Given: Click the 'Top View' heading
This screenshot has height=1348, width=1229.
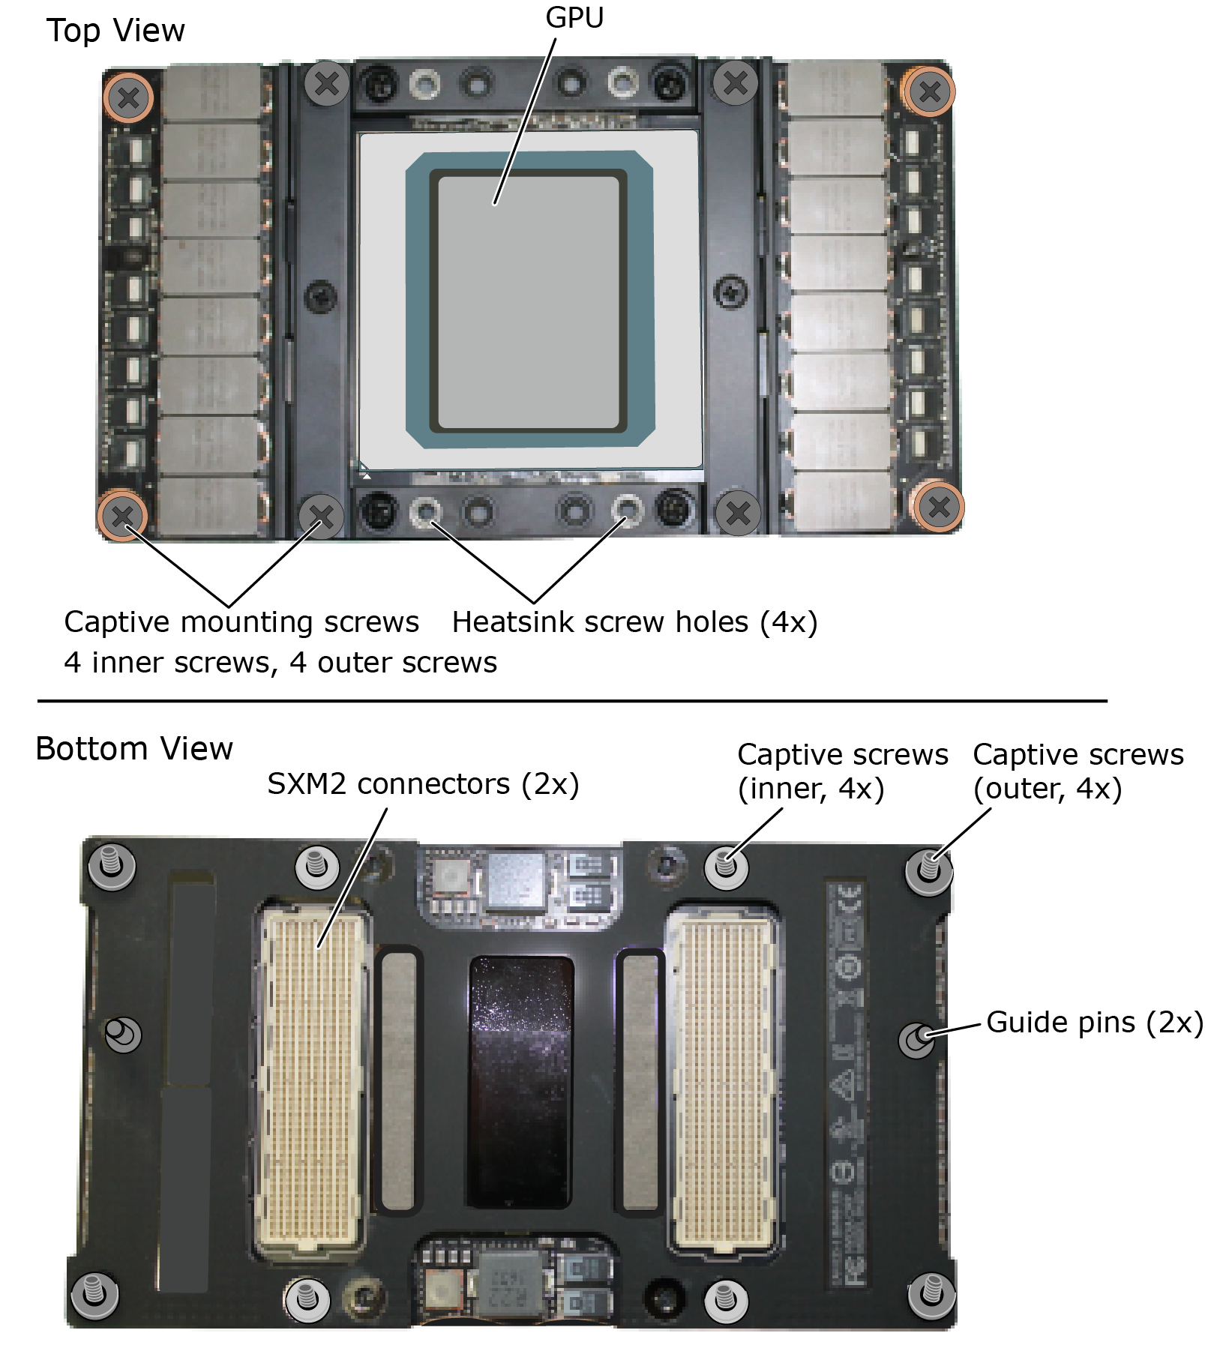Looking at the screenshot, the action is coord(115,31).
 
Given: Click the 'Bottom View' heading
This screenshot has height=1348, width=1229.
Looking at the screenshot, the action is coord(134,749).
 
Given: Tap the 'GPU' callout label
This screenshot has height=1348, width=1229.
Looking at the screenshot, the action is coord(574,17).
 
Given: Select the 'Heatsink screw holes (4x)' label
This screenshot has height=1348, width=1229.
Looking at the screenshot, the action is coord(634,622).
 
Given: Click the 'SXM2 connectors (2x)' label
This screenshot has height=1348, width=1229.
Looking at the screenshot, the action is coord(423,784).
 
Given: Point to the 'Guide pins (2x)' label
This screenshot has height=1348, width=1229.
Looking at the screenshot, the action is coord(1095,1023).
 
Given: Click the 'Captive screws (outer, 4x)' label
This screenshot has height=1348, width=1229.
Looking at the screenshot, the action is coord(1078,771).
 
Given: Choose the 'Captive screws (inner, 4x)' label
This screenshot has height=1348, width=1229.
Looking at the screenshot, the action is coord(843,771).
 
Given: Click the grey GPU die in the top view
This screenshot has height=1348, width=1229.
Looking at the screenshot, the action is coord(529,302).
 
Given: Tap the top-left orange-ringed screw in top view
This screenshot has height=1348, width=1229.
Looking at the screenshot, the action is coord(128,97).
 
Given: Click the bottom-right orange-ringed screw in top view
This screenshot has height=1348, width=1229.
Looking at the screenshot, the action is coord(939,508).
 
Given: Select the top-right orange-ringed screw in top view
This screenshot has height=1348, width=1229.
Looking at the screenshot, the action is coord(930,91).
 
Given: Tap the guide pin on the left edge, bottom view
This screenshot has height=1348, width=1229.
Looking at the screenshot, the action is coord(121,1035).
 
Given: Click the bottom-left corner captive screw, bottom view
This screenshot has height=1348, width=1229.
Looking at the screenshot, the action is coord(94,1294).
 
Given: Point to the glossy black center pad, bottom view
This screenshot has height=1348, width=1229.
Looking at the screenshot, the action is coord(521,1083).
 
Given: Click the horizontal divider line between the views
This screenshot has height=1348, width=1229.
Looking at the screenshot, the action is coord(572,701).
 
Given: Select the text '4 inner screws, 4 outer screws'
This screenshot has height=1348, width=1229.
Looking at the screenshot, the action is coord(280,663).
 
